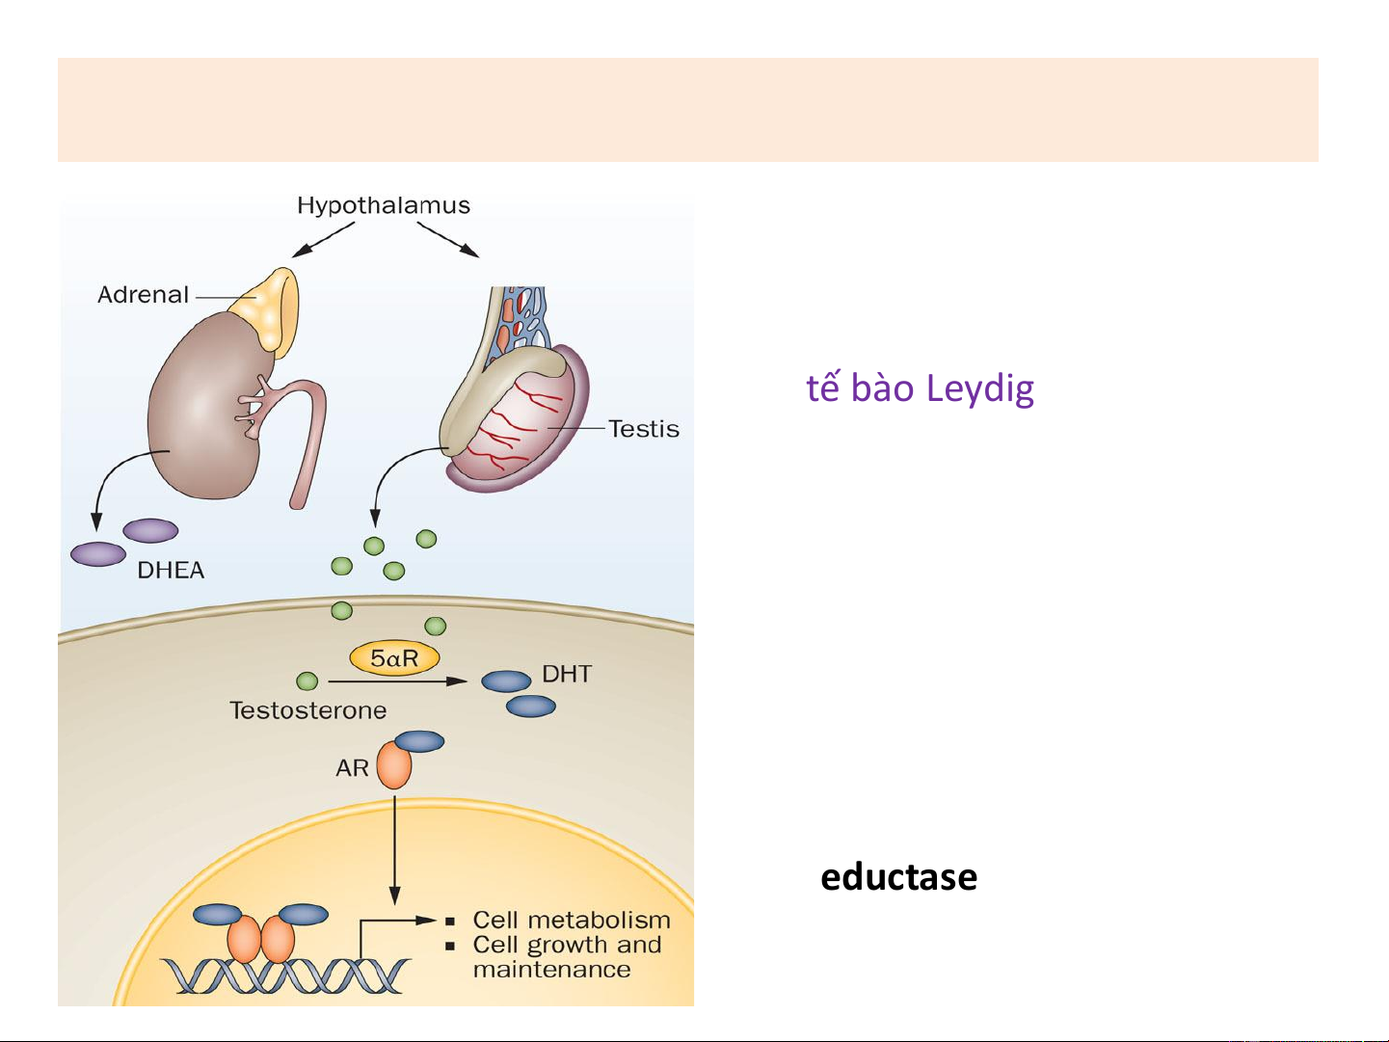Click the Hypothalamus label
384,205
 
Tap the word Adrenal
143,295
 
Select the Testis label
644,429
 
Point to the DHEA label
171,571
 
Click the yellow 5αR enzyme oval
394,658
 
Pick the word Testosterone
308,710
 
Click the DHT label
567,674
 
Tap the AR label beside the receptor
352,768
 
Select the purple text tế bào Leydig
920,387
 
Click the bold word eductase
898,877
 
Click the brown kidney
202,414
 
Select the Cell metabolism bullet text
571,921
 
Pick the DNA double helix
284,975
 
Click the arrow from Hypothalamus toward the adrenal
324,240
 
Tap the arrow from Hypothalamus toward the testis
448,240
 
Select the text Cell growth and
567,945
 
